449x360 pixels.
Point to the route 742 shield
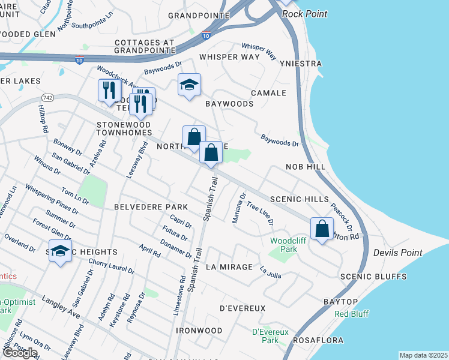coord(49,97)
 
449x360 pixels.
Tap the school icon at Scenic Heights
coord(60,252)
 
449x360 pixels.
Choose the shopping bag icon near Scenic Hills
coord(322,229)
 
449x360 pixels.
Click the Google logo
coord(20,352)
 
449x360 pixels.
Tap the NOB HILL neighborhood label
coord(306,167)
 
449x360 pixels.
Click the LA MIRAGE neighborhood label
coord(229,266)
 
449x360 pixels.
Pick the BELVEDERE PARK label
coord(151,206)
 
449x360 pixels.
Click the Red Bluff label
coord(352,314)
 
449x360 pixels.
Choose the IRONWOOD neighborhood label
coord(199,331)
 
